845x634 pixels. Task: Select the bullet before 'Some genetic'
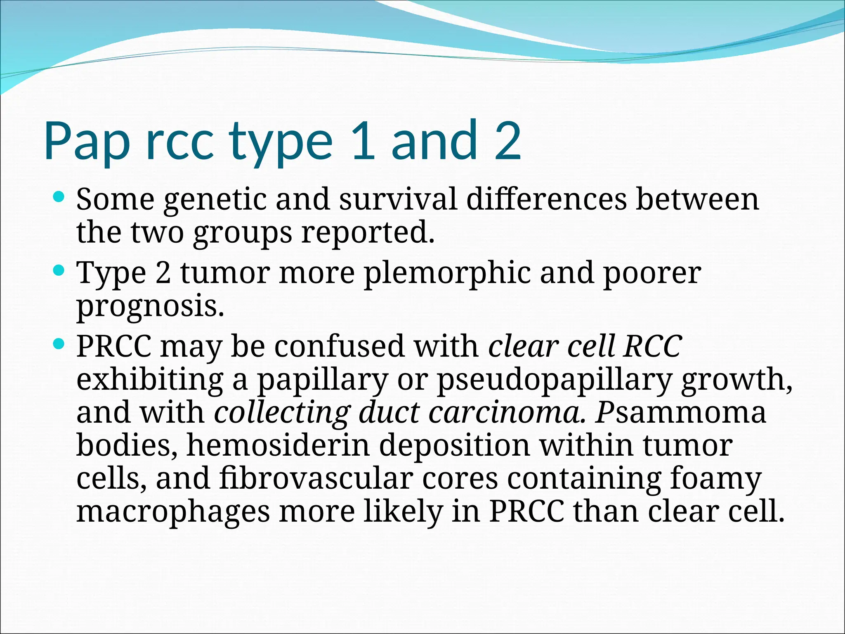pos(59,197)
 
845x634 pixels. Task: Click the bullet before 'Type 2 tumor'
pos(59,271)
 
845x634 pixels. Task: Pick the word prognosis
pos(150,308)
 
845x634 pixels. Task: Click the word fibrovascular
pos(316,479)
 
